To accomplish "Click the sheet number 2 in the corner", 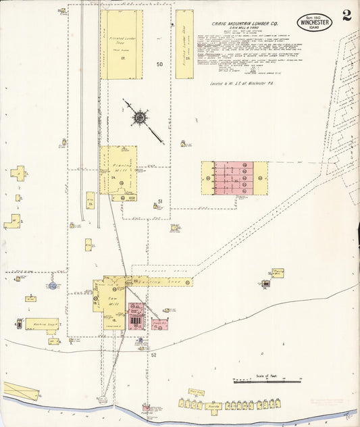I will click(346, 16).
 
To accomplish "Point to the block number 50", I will click(160, 64).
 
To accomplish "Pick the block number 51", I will click(160, 201).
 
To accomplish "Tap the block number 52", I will click(153, 355).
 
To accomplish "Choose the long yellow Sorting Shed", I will click(162, 281).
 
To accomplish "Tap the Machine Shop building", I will click(41, 324).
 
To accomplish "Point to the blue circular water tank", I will click(52, 286).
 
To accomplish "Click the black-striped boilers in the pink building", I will click(137, 319).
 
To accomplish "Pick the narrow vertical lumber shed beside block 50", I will click(184, 44).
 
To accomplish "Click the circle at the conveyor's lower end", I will click(103, 399).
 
